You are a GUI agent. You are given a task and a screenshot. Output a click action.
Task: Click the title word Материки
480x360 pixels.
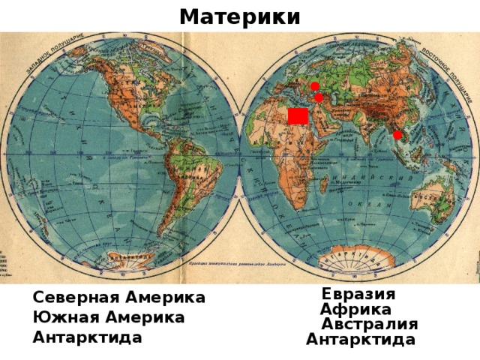pyautogui.click(x=240, y=16)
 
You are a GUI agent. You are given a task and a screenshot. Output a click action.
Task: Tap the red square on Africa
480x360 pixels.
pyautogui.click(x=298, y=116)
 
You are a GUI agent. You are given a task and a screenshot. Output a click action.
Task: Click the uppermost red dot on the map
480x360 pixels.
pyautogui.click(x=315, y=85)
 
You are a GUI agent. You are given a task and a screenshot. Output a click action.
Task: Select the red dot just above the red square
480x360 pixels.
pyautogui.click(x=319, y=97)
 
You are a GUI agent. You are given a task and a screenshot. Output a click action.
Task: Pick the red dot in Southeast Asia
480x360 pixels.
pyautogui.click(x=397, y=135)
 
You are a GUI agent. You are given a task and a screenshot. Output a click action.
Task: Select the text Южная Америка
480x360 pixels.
pyautogui.click(x=108, y=317)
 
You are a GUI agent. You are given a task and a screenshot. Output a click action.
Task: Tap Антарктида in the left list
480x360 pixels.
pyautogui.click(x=87, y=337)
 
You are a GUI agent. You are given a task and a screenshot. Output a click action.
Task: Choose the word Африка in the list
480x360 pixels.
pyautogui.click(x=355, y=309)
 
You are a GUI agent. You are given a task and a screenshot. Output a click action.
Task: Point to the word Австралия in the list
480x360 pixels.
pyautogui.click(x=369, y=324)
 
